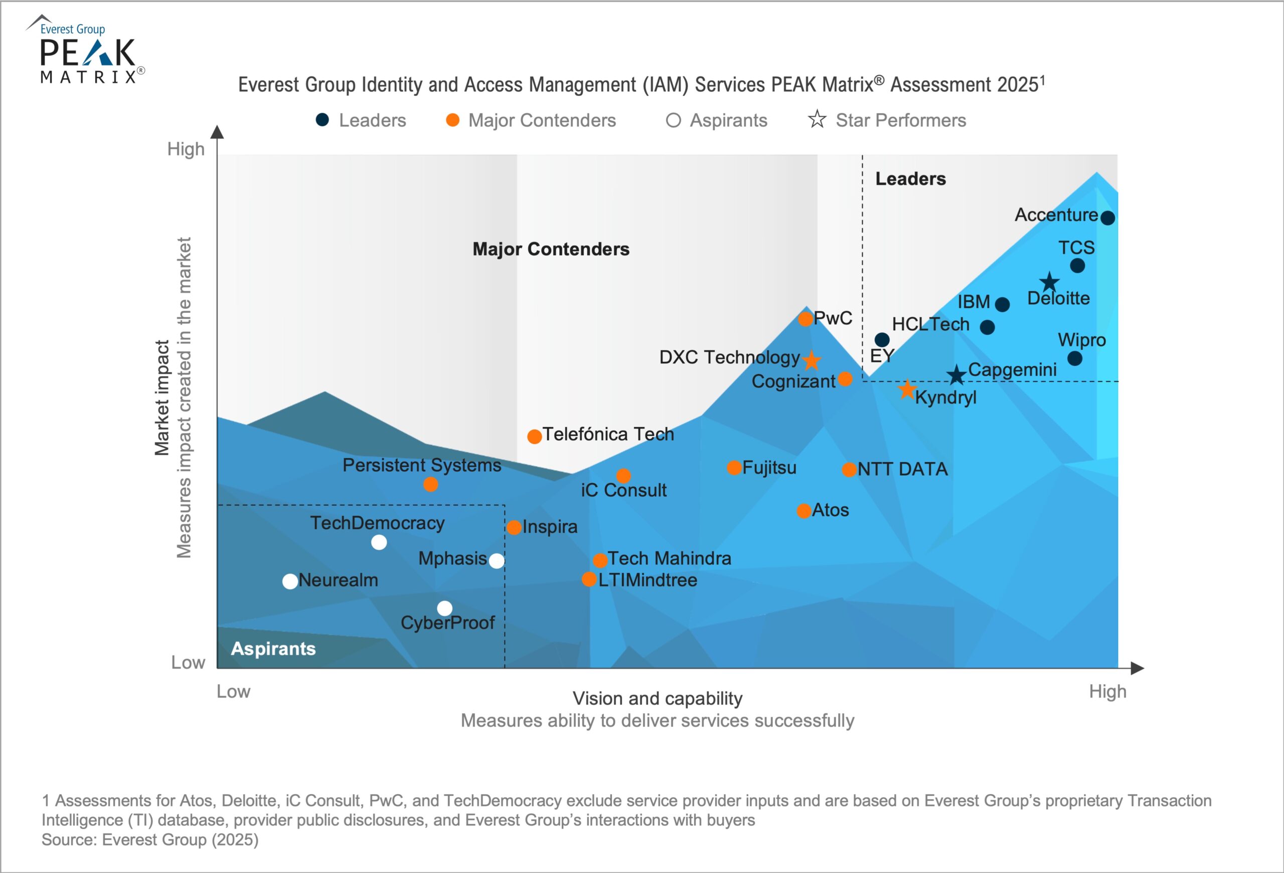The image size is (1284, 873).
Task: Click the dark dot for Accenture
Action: [1107, 217]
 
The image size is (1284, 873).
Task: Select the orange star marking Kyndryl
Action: [907, 390]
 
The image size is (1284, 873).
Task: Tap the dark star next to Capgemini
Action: [956, 375]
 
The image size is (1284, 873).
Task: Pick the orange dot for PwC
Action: [806, 319]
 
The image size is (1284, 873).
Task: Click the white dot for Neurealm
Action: [290, 581]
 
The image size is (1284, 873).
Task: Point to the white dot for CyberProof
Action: [445, 608]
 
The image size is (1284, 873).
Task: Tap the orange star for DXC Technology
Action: [811, 360]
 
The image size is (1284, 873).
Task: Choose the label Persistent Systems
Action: [421, 465]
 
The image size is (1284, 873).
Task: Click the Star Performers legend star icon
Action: [817, 119]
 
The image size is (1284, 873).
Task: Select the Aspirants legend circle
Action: [673, 120]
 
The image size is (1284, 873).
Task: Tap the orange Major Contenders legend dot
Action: [452, 120]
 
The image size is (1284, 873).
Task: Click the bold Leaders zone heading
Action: [910, 179]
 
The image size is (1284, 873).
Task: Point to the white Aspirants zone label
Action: [273, 648]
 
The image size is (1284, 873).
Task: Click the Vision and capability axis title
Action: [658, 699]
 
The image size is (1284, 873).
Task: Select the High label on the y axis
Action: [186, 149]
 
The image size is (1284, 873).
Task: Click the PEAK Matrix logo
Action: [87, 53]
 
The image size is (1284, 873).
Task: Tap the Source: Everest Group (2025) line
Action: [150, 840]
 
